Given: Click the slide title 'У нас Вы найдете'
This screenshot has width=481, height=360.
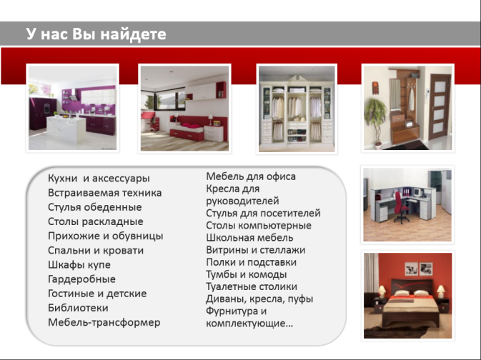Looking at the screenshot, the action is click(x=96, y=34).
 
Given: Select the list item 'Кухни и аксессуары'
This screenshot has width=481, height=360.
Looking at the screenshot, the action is click(x=99, y=178).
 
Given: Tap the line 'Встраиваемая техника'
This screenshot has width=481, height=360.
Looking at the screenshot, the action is click(x=104, y=193).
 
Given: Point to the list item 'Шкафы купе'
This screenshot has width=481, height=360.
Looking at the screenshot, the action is click(x=79, y=264).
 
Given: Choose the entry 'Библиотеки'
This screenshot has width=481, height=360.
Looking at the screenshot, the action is click(x=78, y=308).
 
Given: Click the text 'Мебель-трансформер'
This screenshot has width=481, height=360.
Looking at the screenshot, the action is click(x=104, y=322).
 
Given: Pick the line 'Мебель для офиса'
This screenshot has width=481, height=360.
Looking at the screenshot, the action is click(x=251, y=176).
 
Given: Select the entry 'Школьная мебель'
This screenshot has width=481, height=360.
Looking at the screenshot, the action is click(x=249, y=238).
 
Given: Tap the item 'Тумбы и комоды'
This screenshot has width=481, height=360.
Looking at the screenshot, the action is click(x=247, y=274).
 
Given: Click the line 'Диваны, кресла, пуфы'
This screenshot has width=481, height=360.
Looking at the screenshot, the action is click(x=259, y=299).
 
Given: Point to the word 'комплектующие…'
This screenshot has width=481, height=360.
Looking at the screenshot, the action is click(x=249, y=323).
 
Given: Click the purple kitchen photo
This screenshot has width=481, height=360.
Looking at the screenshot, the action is click(x=72, y=108).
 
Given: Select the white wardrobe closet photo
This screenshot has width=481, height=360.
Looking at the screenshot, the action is click(x=297, y=109).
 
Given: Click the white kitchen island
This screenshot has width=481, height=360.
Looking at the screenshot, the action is click(x=66, y=129).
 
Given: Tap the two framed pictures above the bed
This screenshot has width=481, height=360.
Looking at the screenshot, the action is click(x=419, y=269).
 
